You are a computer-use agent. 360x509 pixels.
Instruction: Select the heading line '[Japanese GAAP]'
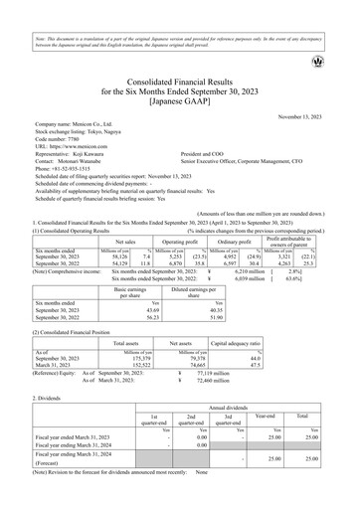click(179, 97)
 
